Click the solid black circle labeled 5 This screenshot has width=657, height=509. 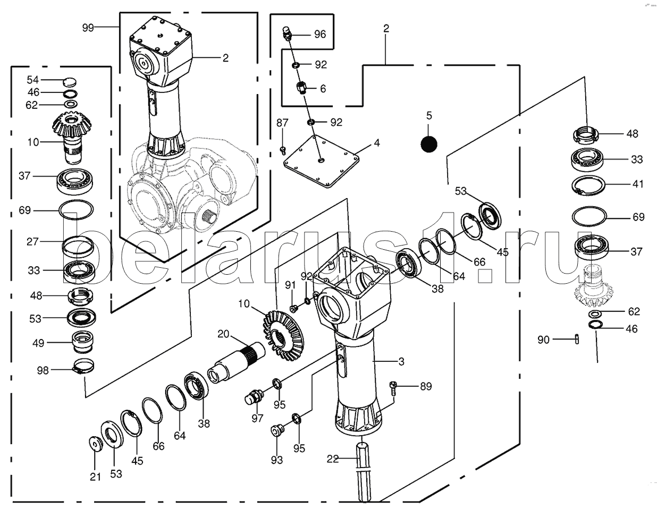click(428, 142)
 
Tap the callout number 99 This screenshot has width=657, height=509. click(88, 28)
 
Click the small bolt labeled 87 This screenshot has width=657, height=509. click(283, 149)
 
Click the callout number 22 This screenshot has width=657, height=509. click(333, 459)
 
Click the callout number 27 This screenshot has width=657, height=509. click(33, 241)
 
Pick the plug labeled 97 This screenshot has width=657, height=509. click(254, 397)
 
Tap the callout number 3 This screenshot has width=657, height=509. click(401, 361)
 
